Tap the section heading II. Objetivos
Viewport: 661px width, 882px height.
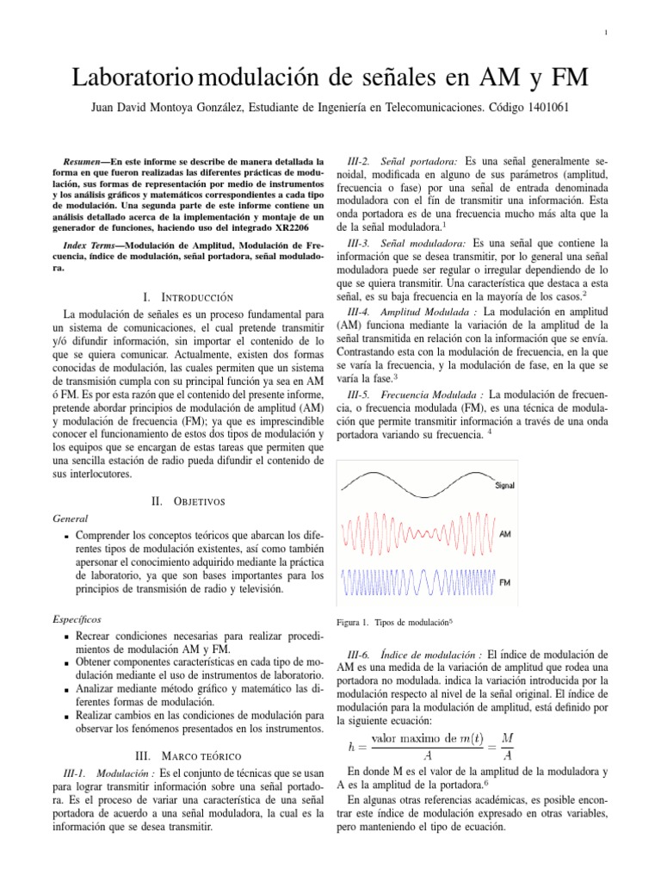click(188, 500)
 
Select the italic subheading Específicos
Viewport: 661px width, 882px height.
click(77, 618)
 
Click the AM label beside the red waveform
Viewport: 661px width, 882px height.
click(505, 534)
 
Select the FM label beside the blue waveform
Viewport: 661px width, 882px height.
click(507, 582)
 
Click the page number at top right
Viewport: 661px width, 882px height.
click(607, 33)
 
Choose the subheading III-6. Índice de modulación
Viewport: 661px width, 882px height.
click(416, 655)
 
